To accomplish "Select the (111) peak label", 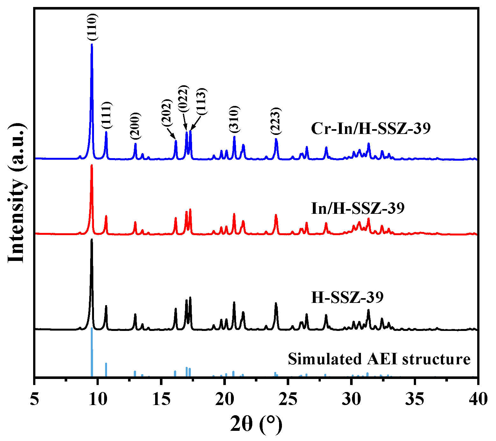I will click(x=106, y=116).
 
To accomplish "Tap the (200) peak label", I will click(x=135, y=126).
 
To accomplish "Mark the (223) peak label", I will click(x=276, y=121).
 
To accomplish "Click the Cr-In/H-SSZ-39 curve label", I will click(x=371, y=129).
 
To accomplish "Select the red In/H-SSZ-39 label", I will click(x=357, y=208).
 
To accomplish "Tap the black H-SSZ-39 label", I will click(x=347, y=297).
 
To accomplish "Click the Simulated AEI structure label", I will click(x=379, y=359).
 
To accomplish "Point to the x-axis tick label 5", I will click(x=34, y=399).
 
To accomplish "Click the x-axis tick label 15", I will click(x=161, y=399).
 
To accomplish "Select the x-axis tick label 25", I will click(x=288, y=399).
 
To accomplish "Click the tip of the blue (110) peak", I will click(x=92, y=45).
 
